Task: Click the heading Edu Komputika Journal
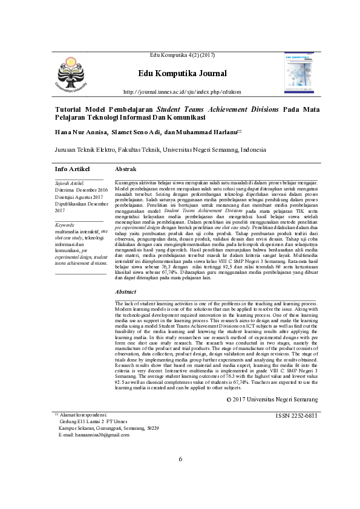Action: click(x=182, y=74)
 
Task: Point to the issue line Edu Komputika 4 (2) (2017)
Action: click(x=182, y=56)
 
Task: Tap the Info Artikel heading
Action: click(x=72, y=169)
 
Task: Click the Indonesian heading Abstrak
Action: click(x=125, y=169)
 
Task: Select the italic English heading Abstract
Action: click(x=125, y=291)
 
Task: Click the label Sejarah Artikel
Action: click(x=70, y=183)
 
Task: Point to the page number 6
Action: click(x=180, y=476)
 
